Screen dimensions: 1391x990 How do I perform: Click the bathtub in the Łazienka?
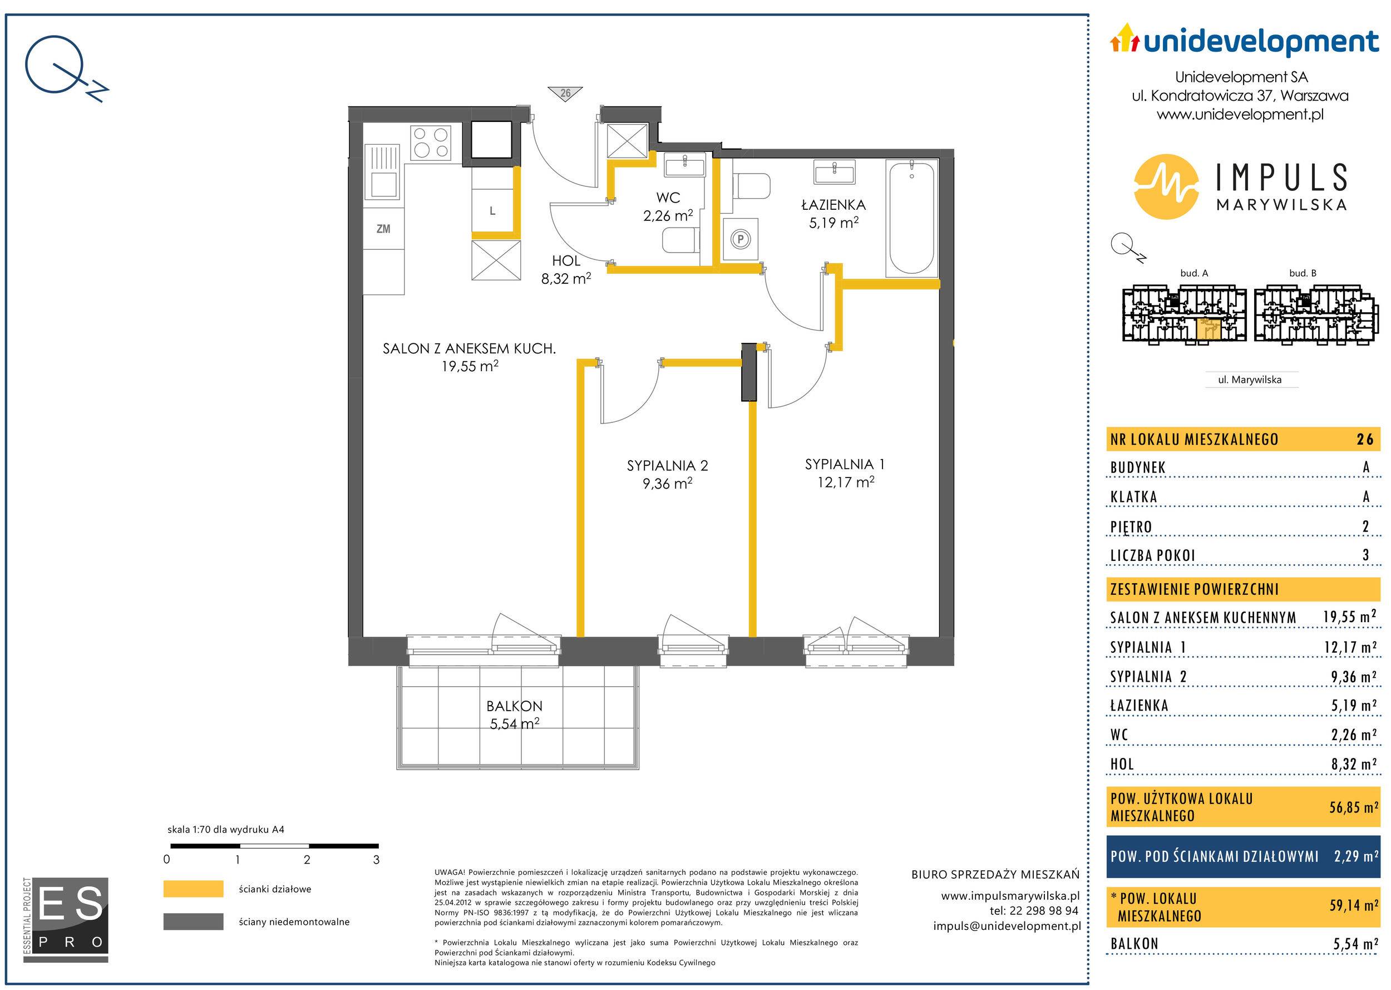coord(911,218)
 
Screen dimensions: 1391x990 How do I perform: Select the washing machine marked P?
coord(740,239)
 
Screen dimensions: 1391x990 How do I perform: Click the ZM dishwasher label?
coord(383,229)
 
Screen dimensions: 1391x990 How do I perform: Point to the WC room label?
coord(668,198)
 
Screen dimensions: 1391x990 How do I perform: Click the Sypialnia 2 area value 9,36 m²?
coord(668,484)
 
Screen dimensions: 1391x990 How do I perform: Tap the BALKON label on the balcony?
coord(515,706)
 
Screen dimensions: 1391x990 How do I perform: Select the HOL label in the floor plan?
coord(566,261)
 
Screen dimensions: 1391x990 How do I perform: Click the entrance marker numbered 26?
coord(565,93)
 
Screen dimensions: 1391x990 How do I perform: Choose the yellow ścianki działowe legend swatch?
coord(193,889)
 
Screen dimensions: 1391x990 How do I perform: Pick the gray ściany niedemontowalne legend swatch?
coord(193,922)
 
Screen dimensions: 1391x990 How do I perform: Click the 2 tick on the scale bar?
coord(307,860)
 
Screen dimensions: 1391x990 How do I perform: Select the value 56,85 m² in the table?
coord(1353,807)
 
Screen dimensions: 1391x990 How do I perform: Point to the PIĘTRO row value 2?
coord(1365,526)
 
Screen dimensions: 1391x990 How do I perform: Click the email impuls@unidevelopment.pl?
coord(1007,925)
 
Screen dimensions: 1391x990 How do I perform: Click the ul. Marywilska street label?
coord(1250,380)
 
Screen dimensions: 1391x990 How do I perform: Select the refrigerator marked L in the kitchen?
coord(494,211)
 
